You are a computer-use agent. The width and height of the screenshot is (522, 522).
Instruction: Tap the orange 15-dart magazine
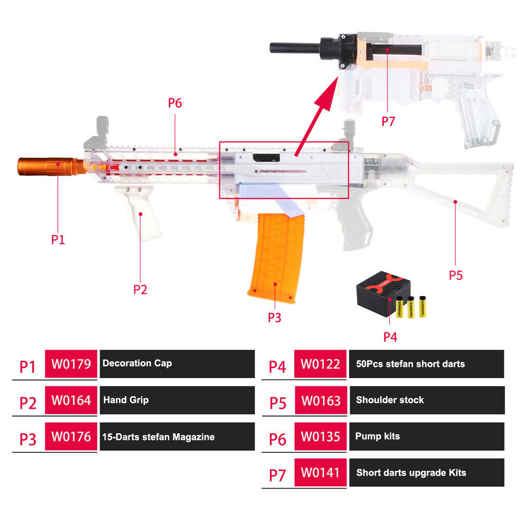(276, 258)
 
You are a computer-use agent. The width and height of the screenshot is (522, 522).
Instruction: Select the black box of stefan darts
(383, 292)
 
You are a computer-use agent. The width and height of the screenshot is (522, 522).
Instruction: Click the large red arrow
(316, 116)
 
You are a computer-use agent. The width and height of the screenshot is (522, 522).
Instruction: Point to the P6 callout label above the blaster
(175, 103)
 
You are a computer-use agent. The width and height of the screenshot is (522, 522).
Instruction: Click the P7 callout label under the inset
(388, 122)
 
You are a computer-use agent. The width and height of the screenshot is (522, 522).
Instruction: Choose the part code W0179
(71, 364)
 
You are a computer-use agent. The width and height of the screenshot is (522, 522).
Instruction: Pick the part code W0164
(71, 400)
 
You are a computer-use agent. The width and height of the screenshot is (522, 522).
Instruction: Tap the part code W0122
(321, 364)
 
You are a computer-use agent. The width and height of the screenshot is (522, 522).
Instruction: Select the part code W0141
(321, 472)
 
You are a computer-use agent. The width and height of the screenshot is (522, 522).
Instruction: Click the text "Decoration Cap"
(137, 363)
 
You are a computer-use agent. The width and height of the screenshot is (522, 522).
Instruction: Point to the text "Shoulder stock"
(390, 400)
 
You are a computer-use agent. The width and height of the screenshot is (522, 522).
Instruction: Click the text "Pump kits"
(377, 436)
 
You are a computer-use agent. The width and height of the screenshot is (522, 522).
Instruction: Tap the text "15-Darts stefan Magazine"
(159, 437)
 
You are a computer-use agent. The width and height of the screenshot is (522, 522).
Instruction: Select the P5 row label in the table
(278, 403)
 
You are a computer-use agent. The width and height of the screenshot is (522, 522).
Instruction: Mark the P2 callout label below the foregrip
(140, 290)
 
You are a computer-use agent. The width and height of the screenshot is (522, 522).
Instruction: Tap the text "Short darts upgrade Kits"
(411, 473)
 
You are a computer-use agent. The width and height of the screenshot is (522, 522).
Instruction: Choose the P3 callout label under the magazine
(275, 317)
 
